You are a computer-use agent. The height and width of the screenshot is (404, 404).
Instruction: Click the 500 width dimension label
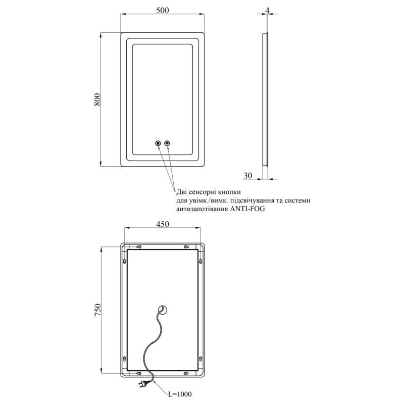(x=163, y=10)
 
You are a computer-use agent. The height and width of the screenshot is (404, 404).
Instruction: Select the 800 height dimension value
(x=97, y=99)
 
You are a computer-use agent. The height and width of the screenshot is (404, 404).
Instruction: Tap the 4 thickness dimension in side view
(x=268, y=10)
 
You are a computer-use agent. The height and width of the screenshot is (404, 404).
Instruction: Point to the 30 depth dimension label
(x=248, y=175)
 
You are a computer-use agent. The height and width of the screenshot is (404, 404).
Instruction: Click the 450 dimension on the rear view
(x=163, y=224)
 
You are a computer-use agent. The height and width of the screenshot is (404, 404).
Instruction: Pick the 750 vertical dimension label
(x=97, y=310)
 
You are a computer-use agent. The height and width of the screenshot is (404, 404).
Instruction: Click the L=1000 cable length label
(x=180, y=394)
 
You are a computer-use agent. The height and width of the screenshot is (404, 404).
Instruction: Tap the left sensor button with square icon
(x=158, y=143)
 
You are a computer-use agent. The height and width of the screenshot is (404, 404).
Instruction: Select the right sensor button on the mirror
(x=168, y=143)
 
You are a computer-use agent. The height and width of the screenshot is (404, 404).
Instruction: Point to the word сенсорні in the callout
(x=203, y=192)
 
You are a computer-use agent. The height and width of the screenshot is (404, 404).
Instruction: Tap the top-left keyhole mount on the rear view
(x=139, y=247)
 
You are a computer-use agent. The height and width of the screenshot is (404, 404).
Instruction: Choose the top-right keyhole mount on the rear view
(x=186, y=247)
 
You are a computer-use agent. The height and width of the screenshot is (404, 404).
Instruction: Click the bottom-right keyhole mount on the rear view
(x=186, y=373)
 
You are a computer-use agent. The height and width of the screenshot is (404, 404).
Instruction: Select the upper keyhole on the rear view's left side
(x=125, y=261)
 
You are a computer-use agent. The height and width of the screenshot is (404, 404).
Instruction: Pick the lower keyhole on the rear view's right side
(x=201, y=359)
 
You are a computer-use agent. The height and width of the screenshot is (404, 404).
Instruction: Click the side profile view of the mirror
(x=265, y=99)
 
